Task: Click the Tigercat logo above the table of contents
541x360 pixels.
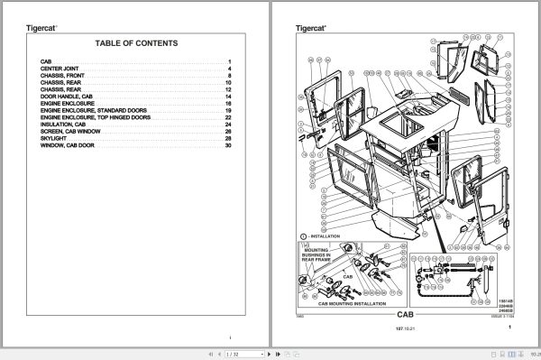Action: (x=41, y=28)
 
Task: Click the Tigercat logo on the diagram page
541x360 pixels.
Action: (x=313, y=28)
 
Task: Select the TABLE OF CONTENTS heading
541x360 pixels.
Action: (x=136, y=43)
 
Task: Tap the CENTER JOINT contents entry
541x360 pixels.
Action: (x=59, y=69)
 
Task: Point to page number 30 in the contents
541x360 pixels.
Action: (x=229, y=146)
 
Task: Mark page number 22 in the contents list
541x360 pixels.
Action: (x=229, y=116)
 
